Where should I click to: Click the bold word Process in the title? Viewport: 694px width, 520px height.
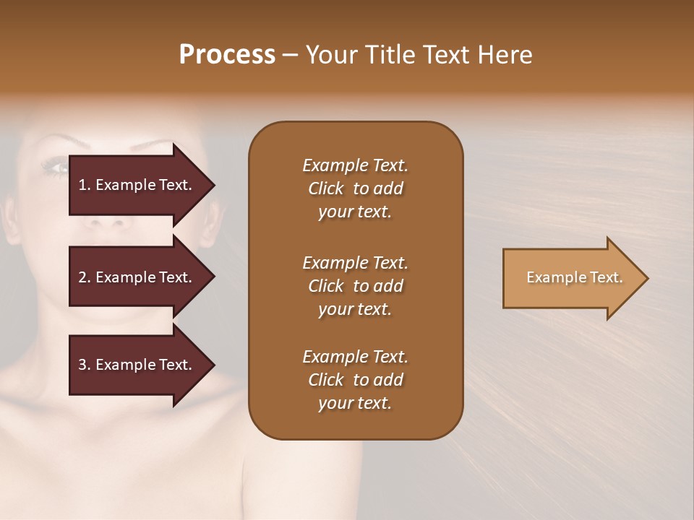coord(227,54)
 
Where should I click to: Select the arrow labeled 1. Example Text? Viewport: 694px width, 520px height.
coord(135,185)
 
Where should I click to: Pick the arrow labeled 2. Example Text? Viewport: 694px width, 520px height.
coord(135,277)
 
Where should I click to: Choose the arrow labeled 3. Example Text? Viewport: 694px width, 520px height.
coord(135,365)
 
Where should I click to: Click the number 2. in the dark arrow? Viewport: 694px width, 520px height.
coord(85,277)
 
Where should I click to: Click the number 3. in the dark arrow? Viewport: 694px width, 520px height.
coord(85,365)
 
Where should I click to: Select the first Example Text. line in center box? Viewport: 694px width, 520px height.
coord(355,165)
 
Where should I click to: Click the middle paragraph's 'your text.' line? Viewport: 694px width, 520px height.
coord(355,309)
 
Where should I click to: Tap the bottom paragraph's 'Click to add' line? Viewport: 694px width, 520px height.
coord(355,380)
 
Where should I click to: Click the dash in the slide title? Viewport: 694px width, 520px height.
coord(291,55)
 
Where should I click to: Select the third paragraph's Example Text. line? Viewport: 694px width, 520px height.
coord(355,357)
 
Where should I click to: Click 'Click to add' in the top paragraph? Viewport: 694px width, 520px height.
coord(355,188)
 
